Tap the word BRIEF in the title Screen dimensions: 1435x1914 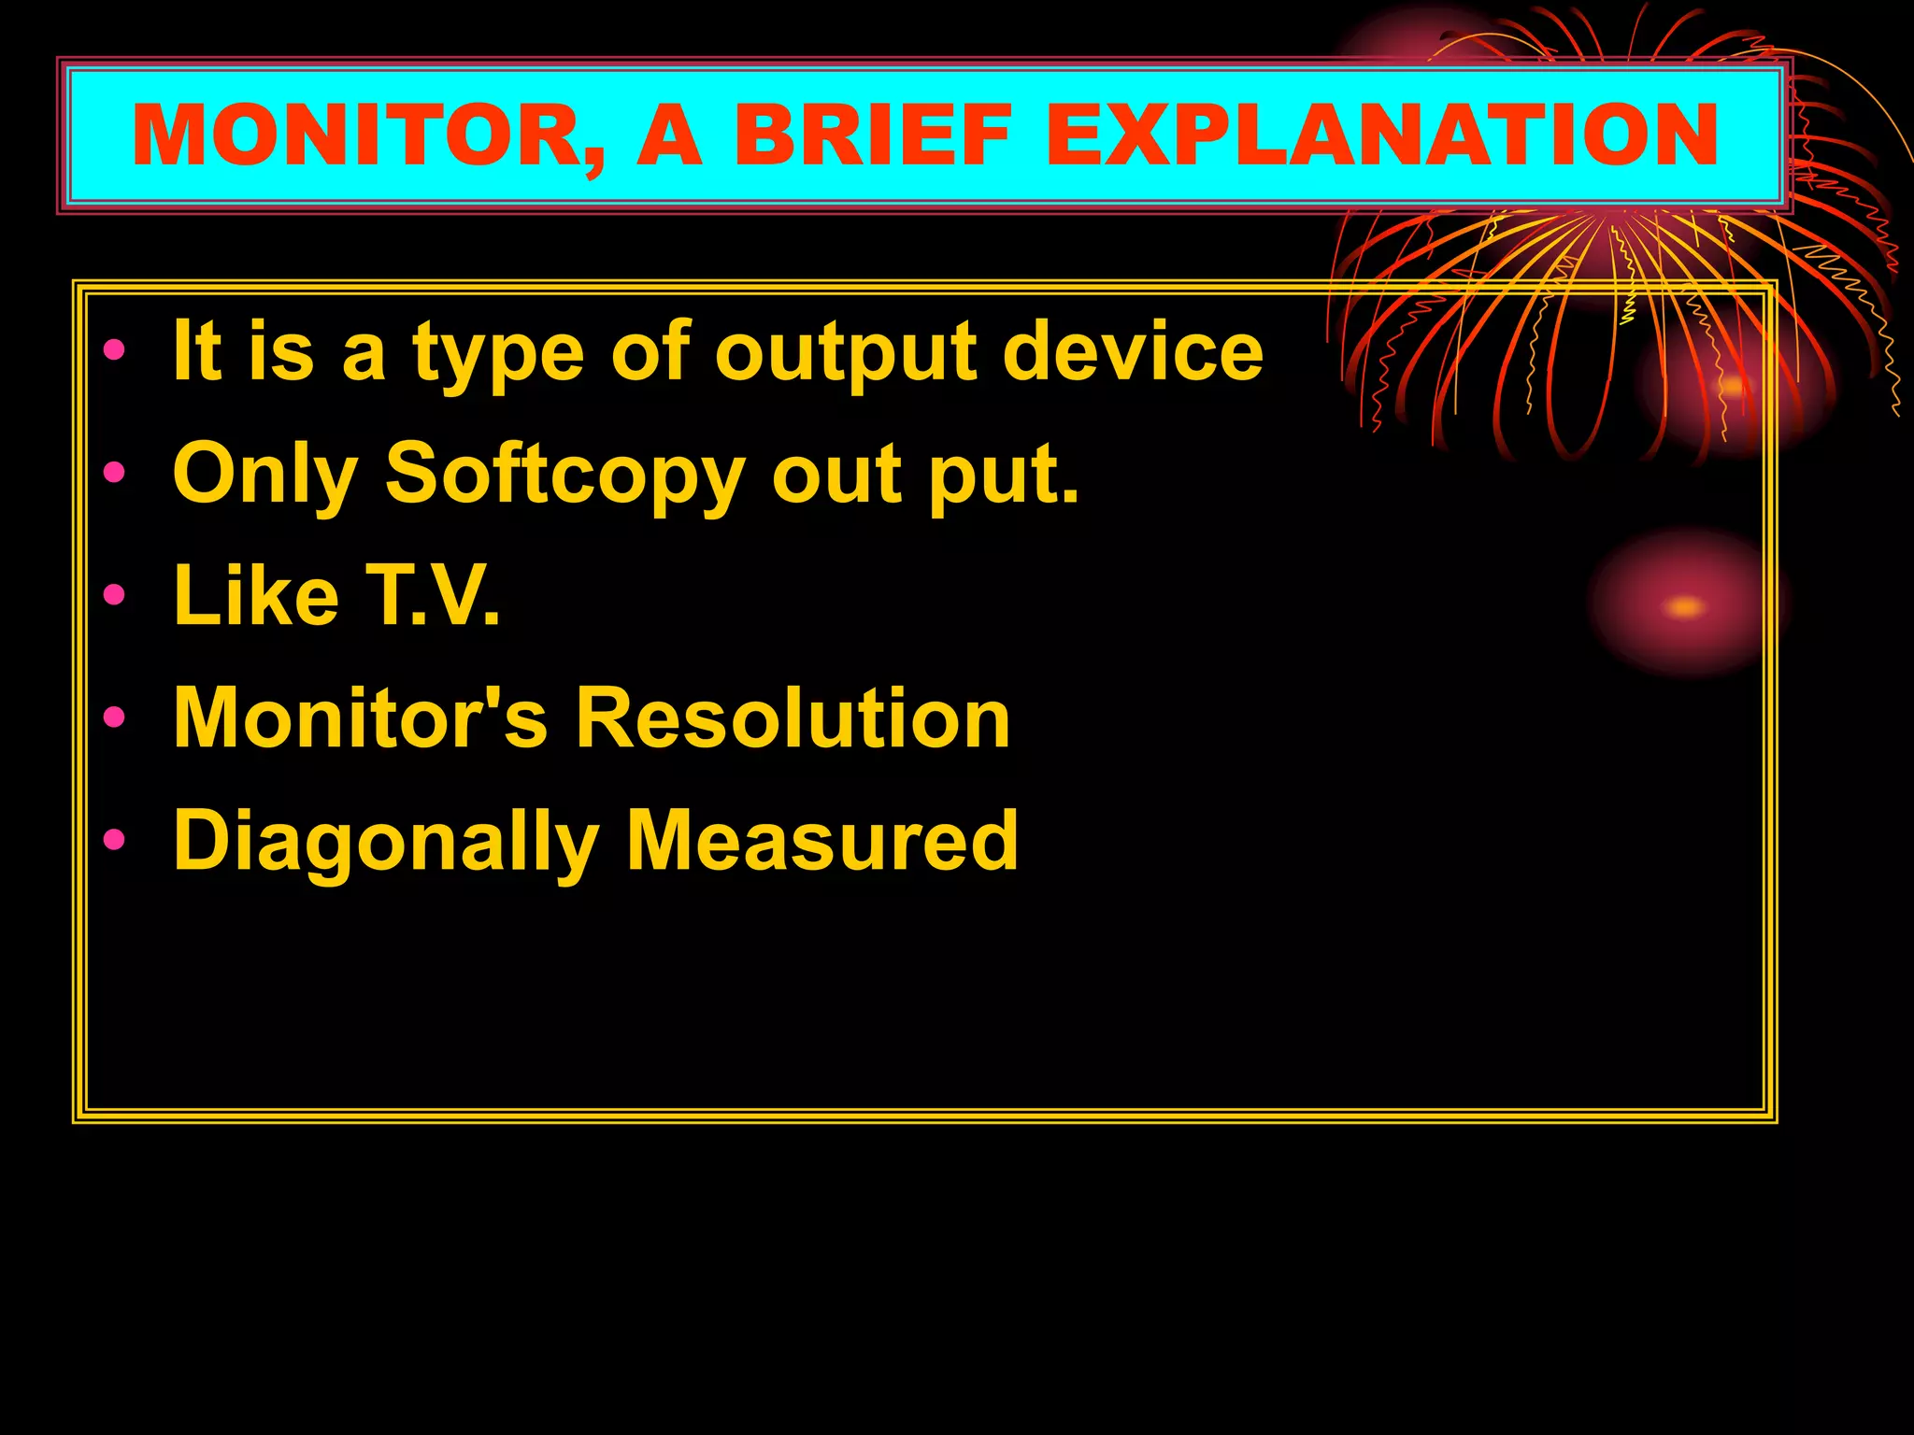pyautogui.click(x=873, y=136)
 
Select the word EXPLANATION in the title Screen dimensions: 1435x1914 pyautogui.click(x=1381, y=136)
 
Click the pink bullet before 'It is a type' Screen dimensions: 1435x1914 pyautogui.click(x=114, y=351)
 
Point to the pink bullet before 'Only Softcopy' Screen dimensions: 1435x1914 pyautogui.click(x=114, y=473)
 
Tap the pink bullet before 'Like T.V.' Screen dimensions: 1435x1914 pyautogui.click(x=114, y=595)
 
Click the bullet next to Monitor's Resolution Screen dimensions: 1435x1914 pyautogui.click(x=114, y=717)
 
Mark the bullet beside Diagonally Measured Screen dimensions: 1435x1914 pyautogui.click(x=114, y=840)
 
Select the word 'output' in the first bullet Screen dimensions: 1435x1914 pyautogui.click(x=847, y=355)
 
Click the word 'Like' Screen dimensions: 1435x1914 pyautogui.click(x=256, y=596)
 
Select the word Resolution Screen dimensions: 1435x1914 pyautogui.click(x=793, y=717)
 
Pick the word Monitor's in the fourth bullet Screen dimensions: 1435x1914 pyautogui.click(x=360, y=717)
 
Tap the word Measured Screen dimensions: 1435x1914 pyautogui.click(x=822, y=840)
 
